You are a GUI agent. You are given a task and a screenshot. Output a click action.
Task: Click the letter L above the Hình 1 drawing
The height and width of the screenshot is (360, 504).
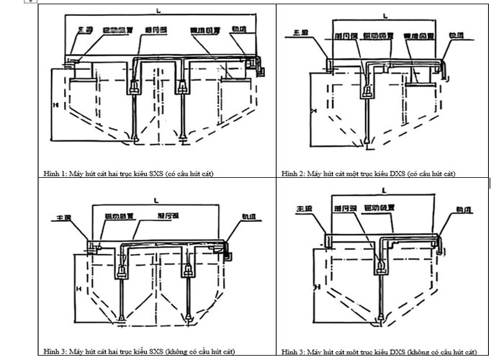click(158, 9)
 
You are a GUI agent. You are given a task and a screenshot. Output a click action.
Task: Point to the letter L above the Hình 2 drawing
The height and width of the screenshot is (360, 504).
click(386, 14)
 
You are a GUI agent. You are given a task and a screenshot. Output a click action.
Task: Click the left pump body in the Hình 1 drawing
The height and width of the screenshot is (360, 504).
click(135, 86)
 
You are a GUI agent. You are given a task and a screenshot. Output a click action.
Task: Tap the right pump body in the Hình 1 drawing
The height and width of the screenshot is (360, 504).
click(183, 86)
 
